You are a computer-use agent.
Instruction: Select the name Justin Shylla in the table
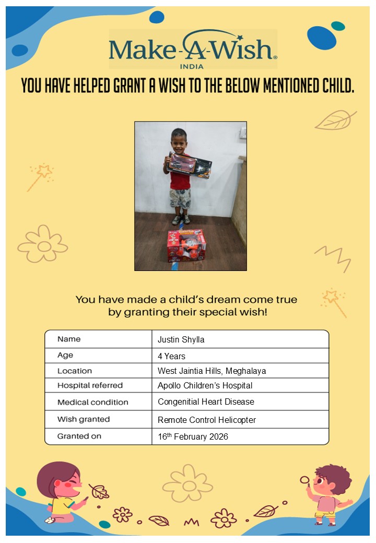pyautogui.click(x=181, y=339)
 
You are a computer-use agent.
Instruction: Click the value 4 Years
pyautogui.click(x=171, y=356)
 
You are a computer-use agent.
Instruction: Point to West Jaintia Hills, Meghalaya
pyautogui.click(x=211, y=371)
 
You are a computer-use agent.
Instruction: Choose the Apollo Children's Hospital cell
pyautogui.click(x=205, y=385)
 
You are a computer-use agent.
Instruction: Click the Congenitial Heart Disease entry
pyautogui.click(x=206, y=402)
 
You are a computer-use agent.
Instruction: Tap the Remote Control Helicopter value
pyautogui.click(x=207, y=420)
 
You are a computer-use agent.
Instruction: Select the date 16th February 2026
pyautogui.click(x=193, y=436)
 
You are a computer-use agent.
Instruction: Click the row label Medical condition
pyautogui.click(x=92, y=402)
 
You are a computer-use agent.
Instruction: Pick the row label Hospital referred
pyautogui.click(x=90, y=385)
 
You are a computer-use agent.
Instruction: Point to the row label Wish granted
pyautogui.click(x=84, y=419)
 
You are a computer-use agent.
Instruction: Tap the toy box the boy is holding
pyautogui.click(x=189, y=164)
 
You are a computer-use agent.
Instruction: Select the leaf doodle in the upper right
pyautogui.click(x=335, y=120)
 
